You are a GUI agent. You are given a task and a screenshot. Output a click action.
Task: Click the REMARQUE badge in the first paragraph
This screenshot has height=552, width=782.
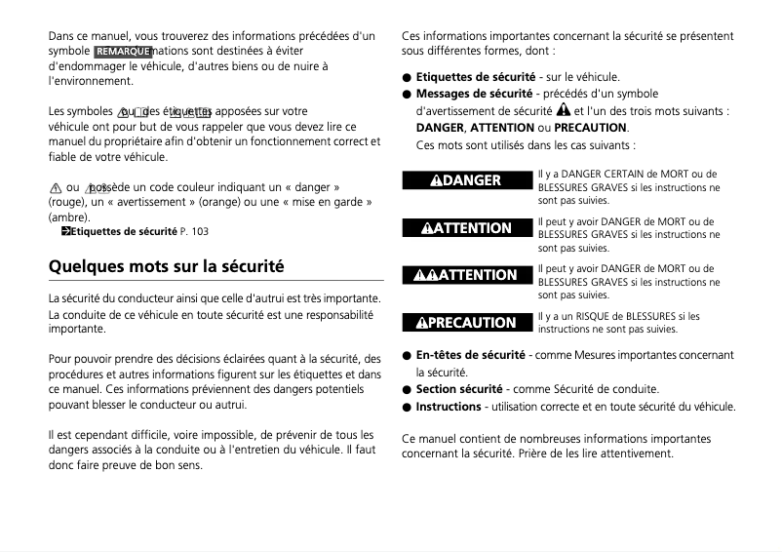pyautogui.click(x=123, y=51)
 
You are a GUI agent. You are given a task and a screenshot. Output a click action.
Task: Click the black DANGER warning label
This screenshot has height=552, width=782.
pyautogui.click(x=466, y=180)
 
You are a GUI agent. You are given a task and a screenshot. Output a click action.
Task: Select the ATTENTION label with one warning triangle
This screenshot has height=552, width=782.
pyautogui.click(x=466, y=228)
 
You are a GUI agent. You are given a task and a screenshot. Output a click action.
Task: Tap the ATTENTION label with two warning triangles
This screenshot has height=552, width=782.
pyautogui.click(x=466, y=275)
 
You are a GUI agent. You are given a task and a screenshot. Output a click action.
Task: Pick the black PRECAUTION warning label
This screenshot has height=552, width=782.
pyautogui.click(x=466, y=323)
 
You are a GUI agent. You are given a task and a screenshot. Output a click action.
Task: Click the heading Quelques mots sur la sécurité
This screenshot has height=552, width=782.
pyautogui.click(x=167, y=265)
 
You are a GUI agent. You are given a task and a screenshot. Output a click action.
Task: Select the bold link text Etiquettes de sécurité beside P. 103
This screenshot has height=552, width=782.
pyautogui.click(x=123, y=231)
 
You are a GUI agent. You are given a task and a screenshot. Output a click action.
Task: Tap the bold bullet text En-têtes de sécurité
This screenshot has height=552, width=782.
pyautogui.click(x=471, y=355)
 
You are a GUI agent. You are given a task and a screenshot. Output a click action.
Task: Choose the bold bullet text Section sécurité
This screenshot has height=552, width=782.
pyautogui.click(x=459, y=389)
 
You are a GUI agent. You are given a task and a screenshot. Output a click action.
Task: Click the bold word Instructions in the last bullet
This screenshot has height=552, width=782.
pyautogui.click(x=449, y=407)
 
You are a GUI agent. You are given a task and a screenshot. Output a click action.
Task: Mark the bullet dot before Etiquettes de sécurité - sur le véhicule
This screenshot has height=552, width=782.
pyautogui.click(x=407, y=77)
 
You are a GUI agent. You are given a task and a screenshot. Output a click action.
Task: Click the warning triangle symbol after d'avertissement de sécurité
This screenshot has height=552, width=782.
pyautogui.click(x=564, y=110)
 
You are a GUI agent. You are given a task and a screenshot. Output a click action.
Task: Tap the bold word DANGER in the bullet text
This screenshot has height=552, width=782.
pyautogui.click(x=440, y=128)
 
